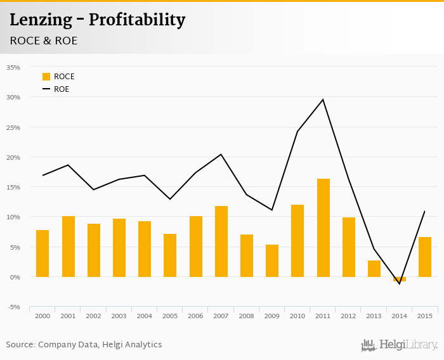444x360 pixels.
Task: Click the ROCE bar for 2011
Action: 323,228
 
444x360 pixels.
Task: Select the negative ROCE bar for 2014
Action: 400,279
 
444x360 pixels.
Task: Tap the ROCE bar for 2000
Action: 42,254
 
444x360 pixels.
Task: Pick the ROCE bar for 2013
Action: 374,269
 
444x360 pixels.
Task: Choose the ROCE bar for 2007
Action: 221,241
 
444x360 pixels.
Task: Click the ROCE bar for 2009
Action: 272,260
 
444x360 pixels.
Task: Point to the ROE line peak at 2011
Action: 323,100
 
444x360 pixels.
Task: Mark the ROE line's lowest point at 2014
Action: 400,284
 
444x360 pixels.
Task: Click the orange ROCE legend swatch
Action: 46,77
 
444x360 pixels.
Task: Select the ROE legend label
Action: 62,89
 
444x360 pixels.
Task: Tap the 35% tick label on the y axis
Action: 13,67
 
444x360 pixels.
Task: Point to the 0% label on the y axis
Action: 15,277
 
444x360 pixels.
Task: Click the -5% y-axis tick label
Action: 13,307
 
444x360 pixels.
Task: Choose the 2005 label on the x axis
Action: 170,316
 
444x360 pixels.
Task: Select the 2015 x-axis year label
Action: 425,316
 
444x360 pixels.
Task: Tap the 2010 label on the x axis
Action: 297,316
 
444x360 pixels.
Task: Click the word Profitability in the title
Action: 137,20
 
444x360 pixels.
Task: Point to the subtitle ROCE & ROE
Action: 44,41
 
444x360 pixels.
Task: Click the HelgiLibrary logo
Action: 400,345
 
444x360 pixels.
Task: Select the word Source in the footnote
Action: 20,345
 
